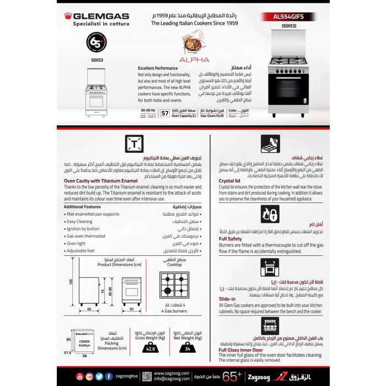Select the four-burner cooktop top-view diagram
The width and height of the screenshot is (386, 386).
pos(174,285)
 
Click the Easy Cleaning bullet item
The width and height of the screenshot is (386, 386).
pos(83,221)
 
